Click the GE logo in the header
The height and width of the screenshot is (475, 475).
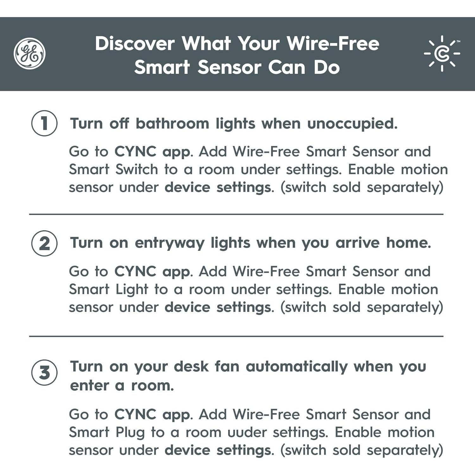coord(29,54)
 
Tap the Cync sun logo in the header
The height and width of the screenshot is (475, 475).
coord(442,54)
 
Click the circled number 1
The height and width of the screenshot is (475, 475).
coord(44,123)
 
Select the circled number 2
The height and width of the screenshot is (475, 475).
coord(44,243)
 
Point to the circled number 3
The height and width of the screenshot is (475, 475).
coord(44,372)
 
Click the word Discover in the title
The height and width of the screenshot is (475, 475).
coord(135,43)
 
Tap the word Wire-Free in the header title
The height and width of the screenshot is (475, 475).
coord(333,43)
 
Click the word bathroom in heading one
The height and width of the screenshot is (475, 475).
coord(172,123)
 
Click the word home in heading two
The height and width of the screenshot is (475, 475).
coord(408,243)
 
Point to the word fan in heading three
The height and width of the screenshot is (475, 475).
coord(227,366)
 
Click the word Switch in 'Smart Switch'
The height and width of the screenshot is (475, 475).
coord(136,169)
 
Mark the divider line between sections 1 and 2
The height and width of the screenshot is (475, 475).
coord(236,214)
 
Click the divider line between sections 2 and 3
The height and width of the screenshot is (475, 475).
coord(236,336)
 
